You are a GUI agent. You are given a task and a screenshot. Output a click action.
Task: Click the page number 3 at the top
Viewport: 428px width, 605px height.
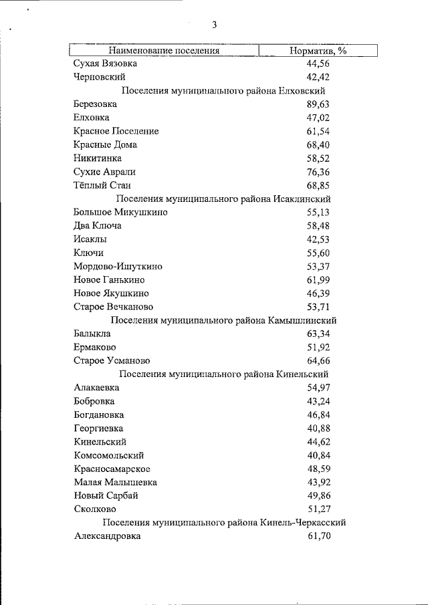[x=215, y=25]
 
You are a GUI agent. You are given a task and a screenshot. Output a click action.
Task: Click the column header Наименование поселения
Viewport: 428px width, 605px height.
[x=165, y=50]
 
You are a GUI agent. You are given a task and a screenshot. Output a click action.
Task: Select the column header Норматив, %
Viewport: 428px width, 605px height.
[x=318, y=50]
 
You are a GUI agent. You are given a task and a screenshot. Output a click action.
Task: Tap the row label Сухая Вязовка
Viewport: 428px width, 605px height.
[x=105, y=64]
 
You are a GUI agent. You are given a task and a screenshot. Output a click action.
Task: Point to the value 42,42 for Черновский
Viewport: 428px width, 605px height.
[x=318, y=77]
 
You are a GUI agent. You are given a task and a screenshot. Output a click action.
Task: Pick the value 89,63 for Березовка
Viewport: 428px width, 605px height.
[x=318, y=104]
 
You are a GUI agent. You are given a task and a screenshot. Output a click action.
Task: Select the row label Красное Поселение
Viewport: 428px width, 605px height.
[x=116, y=131]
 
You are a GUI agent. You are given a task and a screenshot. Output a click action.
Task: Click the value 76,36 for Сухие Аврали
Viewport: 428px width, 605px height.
[x=318, y=172]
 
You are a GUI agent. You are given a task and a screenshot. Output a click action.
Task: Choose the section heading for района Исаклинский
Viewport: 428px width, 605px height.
[x=223, y=199]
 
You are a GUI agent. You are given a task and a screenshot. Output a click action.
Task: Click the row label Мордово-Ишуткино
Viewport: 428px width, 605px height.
[x=118, y=266]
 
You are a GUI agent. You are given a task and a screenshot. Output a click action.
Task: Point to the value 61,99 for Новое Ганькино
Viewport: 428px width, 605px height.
[x=318, y=279]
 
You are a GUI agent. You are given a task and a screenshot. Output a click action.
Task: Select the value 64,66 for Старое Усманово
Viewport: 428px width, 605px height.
[x=318, y=360]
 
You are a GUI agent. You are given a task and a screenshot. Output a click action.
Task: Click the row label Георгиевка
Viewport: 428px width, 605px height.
[x=98, y=428]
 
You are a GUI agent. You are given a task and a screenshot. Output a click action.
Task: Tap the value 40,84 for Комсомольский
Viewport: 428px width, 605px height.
[x=318, y=455]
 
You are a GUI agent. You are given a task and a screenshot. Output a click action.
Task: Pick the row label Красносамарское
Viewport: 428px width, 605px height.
[x=112, y=469]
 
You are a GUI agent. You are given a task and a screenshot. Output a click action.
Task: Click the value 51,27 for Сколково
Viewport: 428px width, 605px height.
[x=318, y=509]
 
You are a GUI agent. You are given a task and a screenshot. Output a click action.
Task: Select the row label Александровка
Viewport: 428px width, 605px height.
[x=108, y=536]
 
